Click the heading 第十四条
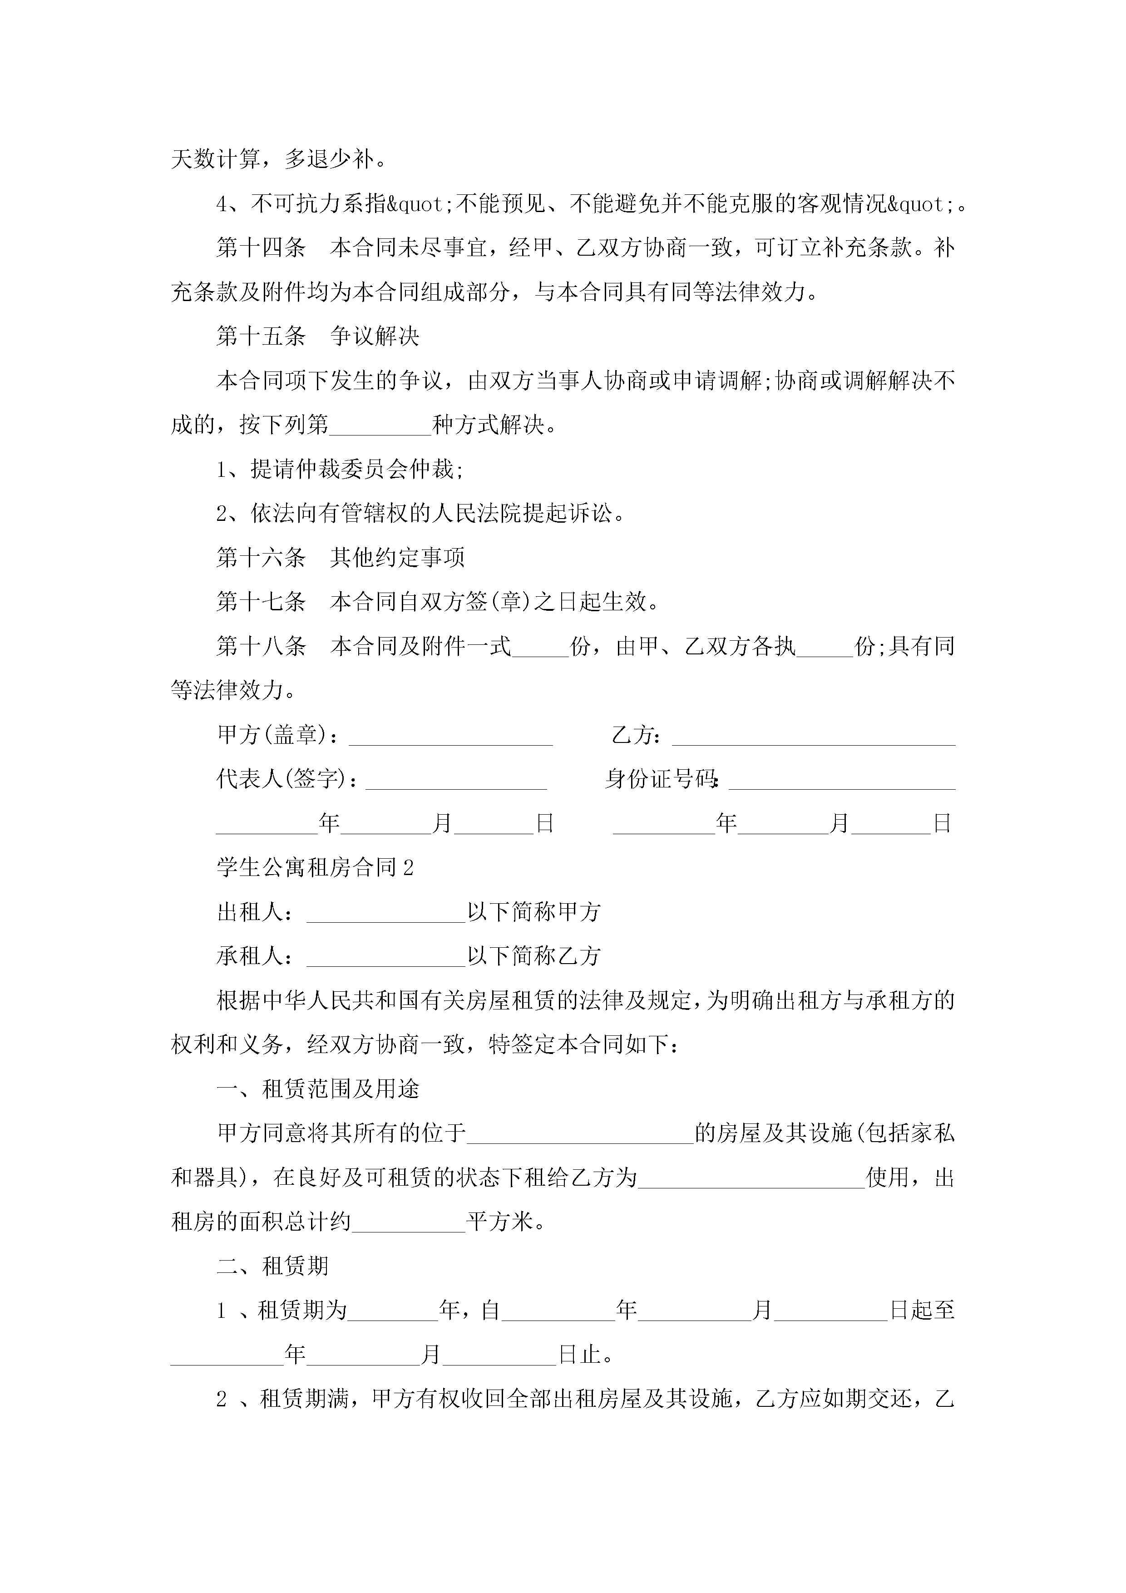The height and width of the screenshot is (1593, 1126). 261,247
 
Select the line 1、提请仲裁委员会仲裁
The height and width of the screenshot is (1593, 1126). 340,470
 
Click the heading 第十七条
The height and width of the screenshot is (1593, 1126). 261,602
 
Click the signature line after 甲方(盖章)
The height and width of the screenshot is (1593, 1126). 450,736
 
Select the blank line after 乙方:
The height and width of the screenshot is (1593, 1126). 813,736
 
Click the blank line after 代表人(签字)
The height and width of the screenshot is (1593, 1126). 456,780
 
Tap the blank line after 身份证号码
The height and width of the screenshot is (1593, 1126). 842,780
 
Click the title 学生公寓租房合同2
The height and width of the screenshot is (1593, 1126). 315,867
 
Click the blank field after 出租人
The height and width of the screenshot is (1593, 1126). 386,912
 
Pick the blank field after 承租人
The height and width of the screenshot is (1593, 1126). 386,957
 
